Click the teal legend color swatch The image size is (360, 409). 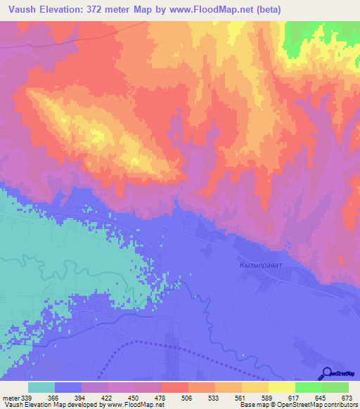coord(41,387)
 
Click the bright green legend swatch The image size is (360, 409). coord(309,387)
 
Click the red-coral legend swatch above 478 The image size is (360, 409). coord(175,387)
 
